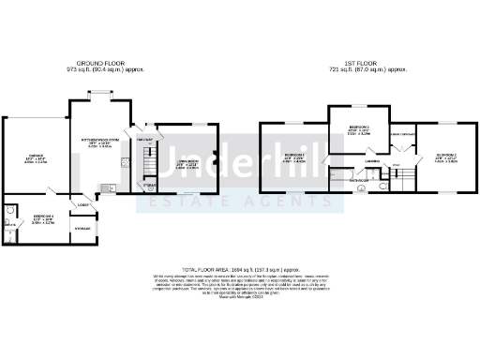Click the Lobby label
[82, 204]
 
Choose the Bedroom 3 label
[444, 157]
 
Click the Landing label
[371, 161]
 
